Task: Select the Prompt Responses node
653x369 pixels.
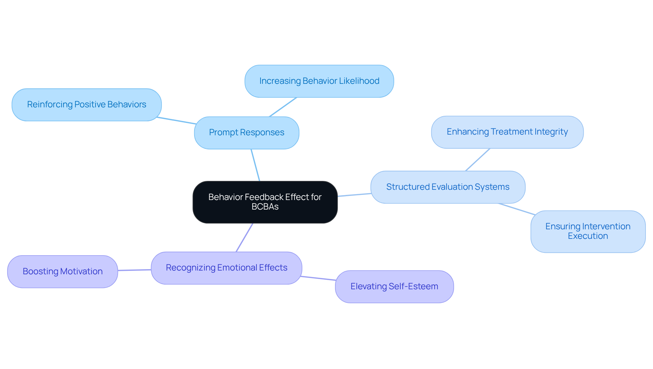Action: point(247,133)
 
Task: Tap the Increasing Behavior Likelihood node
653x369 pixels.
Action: point(319,81)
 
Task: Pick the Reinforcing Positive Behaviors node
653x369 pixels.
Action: point(86,105)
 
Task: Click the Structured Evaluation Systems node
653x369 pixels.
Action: point(448,187)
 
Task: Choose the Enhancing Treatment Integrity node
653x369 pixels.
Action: point(507,132)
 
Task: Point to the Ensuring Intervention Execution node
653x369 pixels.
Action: point(588,231)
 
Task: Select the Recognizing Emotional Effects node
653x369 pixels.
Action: point(227,268)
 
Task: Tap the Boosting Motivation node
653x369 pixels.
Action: point(63,272)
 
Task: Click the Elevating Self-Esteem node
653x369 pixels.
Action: point(394,287)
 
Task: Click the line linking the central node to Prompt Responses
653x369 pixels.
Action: point(255,165)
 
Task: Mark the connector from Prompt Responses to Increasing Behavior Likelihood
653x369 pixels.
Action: point(283,107)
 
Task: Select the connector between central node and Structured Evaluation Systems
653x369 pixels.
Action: point(354,195)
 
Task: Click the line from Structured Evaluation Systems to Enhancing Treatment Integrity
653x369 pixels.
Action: point(478,160)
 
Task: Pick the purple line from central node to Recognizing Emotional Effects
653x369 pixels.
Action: point(245,237)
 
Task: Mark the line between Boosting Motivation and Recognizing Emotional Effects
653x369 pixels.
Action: point(134,270)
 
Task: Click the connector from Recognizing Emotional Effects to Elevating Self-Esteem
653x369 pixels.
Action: point(318,278)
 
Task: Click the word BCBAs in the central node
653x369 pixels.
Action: point(265,207)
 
